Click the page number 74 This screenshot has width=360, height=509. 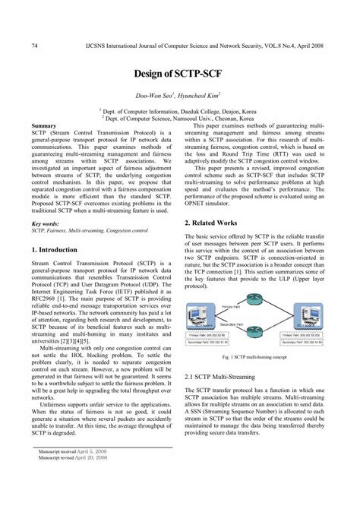point(35,46)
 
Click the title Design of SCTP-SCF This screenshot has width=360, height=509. point(180,77)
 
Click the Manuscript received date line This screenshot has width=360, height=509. point(74,472)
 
